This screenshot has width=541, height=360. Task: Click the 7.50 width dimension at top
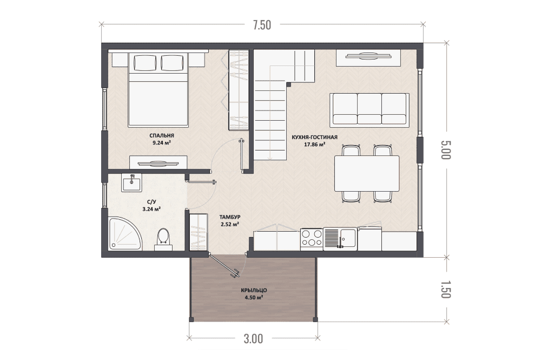tap(262, 25)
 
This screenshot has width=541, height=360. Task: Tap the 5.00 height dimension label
tap(446, 150)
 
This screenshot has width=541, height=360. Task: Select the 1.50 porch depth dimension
tap(446, 289)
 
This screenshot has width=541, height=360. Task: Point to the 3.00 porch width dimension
tap(254, 338)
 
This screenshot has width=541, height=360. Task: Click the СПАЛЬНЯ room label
tap(162, 136)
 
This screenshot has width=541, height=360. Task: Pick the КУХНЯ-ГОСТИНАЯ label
tap(314, 138)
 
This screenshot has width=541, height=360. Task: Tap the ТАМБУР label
tap(230, 217)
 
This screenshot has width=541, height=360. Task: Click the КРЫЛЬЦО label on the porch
tap(254, 290)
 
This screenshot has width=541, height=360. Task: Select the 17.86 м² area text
tap(315, 145)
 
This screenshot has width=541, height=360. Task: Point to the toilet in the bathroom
tap(163, 239)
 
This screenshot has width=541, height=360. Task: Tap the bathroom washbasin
tap(131, 182)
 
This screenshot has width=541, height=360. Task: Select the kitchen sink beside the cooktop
tap(340, 239)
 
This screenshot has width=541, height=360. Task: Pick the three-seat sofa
tap(370, 109)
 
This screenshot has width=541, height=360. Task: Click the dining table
tap(367, 174)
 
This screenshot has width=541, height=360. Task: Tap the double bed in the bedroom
tap(159, 89)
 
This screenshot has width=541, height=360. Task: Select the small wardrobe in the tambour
tap(199, 232)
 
